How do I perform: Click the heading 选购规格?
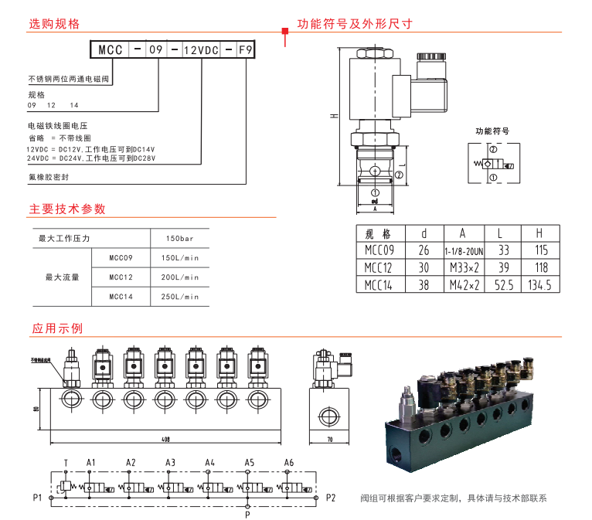[54, 24]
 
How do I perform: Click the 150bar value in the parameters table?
[180, 239]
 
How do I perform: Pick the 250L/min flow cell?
[180, 297]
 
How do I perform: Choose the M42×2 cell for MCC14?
[464, 285]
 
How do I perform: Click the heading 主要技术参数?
[67, 209]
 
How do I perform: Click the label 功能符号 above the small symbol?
[492, 131]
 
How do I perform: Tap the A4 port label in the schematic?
[209, 463]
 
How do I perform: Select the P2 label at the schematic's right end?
[331, 497]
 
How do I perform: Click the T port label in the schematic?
[66, 463]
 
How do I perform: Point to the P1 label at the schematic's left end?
[36, 497]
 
